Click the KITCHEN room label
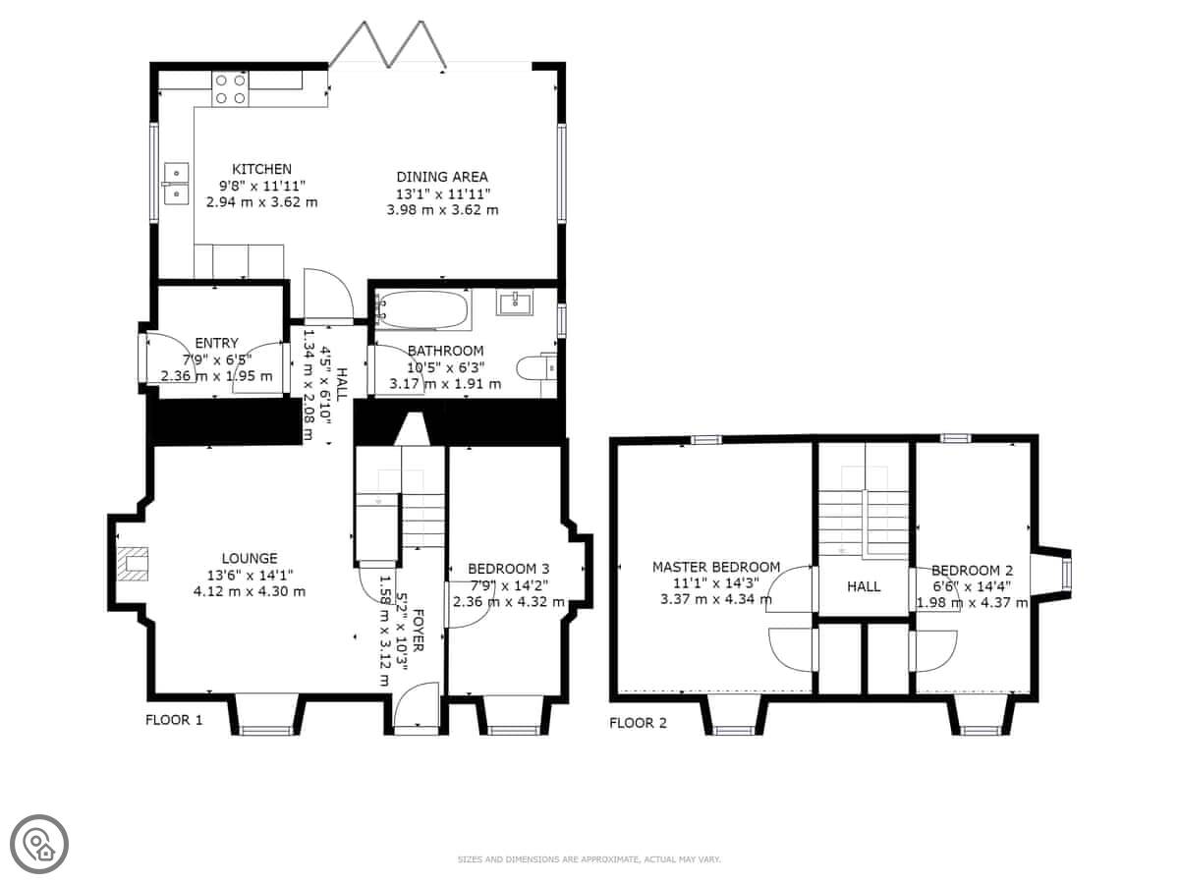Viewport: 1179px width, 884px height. [x=261, y=169]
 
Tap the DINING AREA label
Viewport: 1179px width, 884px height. [x=442, y=177]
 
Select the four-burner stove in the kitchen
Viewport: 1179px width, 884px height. [x=231, y=89]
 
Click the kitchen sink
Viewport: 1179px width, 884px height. [x=176, y=184]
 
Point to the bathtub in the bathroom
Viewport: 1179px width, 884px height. [x=422, y=309]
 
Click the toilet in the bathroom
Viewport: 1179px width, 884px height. [x=536, y=368]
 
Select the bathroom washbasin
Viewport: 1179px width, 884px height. [x=515, y=303]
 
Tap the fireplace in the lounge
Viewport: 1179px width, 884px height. [x=133, y=564]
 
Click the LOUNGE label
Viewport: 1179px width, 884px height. [x=250, y=558]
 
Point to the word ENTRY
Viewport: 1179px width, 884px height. [x=216, y=343]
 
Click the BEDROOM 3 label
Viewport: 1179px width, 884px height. [x=509, y=569]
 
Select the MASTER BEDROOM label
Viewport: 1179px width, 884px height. [x=716, y=567]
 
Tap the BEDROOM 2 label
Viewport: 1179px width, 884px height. [x=973, y=570]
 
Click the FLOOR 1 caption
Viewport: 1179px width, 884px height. [x=174, y=720]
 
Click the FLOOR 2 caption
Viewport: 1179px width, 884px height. [x=638, y=723]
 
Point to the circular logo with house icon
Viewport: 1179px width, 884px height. [x=39, y=845]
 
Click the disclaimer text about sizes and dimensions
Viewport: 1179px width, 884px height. [x=589, y=859]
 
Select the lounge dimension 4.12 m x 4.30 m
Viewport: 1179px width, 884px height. [x=250, y=591]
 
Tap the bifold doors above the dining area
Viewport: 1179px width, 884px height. [x=388, y=45]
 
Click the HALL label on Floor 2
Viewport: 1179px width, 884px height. [x=864, y=586]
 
